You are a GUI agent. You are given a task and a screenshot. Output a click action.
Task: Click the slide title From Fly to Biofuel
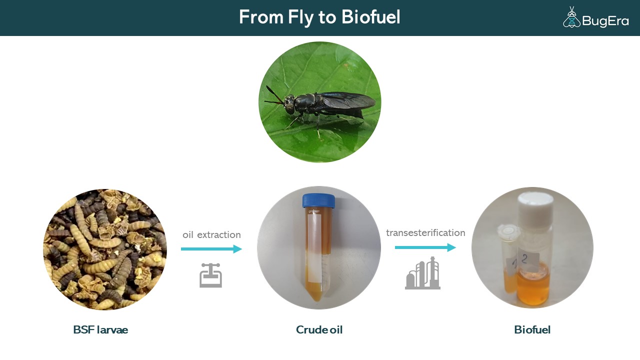point(319,17)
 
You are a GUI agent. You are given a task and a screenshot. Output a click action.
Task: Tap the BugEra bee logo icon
point(571,17)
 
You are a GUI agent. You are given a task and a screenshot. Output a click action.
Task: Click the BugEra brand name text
point(605,21)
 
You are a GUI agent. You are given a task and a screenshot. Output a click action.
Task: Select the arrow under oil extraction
point(211,249)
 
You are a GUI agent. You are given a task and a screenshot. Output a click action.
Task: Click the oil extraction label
point(211,235)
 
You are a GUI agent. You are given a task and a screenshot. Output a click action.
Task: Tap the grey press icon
point(210,275)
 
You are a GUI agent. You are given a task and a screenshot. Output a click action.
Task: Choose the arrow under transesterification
point(425,247)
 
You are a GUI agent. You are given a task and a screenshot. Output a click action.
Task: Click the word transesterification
point(425,233)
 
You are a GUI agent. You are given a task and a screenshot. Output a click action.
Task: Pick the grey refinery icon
point(422,273)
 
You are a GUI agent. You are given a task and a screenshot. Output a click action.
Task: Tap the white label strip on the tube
point(314,248)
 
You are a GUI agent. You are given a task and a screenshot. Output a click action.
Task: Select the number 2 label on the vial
point(528,260)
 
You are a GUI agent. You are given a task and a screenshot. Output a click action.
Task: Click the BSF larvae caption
point(100,329)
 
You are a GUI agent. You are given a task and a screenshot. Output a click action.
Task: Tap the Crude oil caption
point(319,329)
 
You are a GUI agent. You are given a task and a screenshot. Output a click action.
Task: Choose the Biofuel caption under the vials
point(532,329)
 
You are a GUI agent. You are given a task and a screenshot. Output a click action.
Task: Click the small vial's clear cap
point(508,231)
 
